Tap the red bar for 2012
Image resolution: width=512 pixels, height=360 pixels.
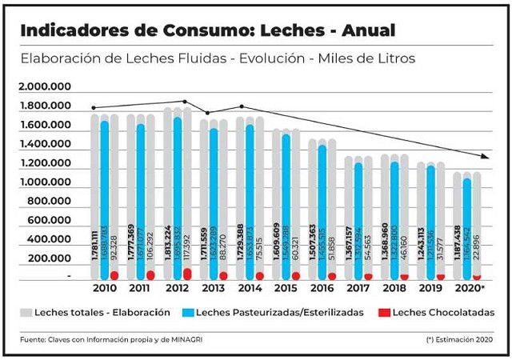tap(188, 274)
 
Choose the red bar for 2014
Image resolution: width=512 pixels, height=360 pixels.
tap(260, 276)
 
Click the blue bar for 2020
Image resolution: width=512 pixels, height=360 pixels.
tap(467, 228)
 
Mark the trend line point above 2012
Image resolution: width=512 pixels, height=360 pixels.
tap(186, 102)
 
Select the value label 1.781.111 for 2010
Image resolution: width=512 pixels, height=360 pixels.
tap(94, 240)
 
